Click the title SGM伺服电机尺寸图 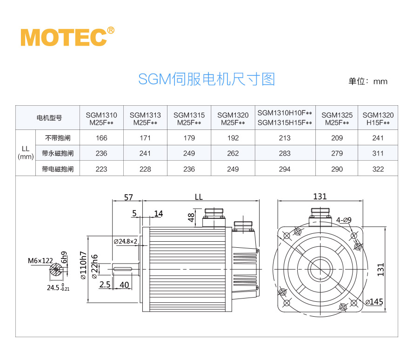(x=207, y=79)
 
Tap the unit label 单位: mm (x=368, y=81)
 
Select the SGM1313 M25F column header (x=145, y=119)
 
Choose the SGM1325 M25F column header (x=337, y=119)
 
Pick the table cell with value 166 (x=101, y=138)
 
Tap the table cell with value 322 (x=378, y=169)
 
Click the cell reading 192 (x=234, y=138)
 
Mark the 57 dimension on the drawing (x=129, y=197)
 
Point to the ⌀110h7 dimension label (x=84, y=265)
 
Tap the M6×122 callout (x=40, y=261)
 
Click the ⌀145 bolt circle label (x=374, y=302)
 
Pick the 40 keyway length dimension (x=124, y=285)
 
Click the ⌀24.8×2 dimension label (x=125, y=241)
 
